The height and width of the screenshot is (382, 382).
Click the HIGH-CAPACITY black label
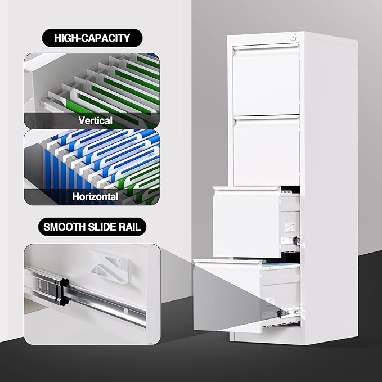click(92, 38)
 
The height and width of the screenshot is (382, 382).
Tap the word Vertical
click(95, 120)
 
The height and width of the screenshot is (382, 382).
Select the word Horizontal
click(95, 196)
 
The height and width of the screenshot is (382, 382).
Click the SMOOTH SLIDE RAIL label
click(92, 227)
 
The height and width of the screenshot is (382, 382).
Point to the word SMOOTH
click(64, 227)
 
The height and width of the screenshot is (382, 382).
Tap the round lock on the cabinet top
click(294, 38)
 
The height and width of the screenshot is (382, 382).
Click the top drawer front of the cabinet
click(266, 80)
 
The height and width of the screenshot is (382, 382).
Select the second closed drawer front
click(266, 150)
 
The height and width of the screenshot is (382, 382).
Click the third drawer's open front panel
click(247, 222)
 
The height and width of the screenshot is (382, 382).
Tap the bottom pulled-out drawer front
click(228, 296)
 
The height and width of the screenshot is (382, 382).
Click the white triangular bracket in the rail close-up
click(110, 266)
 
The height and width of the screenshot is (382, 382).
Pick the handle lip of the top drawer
click(266, 47)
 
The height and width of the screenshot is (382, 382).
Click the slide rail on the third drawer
click(290, 241)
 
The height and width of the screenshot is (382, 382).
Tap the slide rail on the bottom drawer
click(288, 312)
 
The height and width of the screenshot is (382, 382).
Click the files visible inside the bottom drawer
click(281, 266)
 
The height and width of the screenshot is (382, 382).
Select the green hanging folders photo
click(92, 91)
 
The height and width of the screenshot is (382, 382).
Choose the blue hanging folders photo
click(92, 167)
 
